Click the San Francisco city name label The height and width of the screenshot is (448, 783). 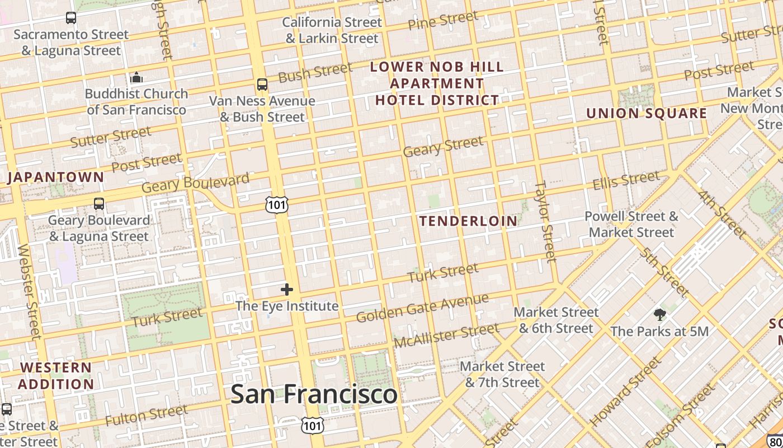pos(314,394)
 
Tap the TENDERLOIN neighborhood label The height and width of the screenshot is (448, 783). pos(469,221)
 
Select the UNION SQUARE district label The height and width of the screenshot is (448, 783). pos(647,113)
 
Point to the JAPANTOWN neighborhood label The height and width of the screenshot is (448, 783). pos(56,178)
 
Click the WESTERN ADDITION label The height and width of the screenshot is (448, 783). pos(56,376)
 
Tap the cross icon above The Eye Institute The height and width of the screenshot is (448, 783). pos(287,290)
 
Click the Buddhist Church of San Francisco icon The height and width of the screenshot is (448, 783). pos(136,77)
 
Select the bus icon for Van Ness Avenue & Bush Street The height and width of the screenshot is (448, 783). pos(262,85)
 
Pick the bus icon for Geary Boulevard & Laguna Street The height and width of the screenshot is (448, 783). pos(99,204)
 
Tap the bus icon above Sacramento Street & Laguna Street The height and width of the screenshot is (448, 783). pos(71,18)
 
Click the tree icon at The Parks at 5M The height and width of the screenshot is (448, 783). pos(660,314)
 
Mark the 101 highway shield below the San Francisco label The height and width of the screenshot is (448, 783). pos(312,425)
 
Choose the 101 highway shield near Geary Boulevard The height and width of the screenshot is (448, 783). pos(277,205)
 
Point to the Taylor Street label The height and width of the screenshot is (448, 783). pos(545,221)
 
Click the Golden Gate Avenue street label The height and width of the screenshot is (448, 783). pos(422,308)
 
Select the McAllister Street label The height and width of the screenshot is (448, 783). pos(446,335)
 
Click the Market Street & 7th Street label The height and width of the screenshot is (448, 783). pos(502,374)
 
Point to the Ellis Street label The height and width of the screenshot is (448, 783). pos(626,180)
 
